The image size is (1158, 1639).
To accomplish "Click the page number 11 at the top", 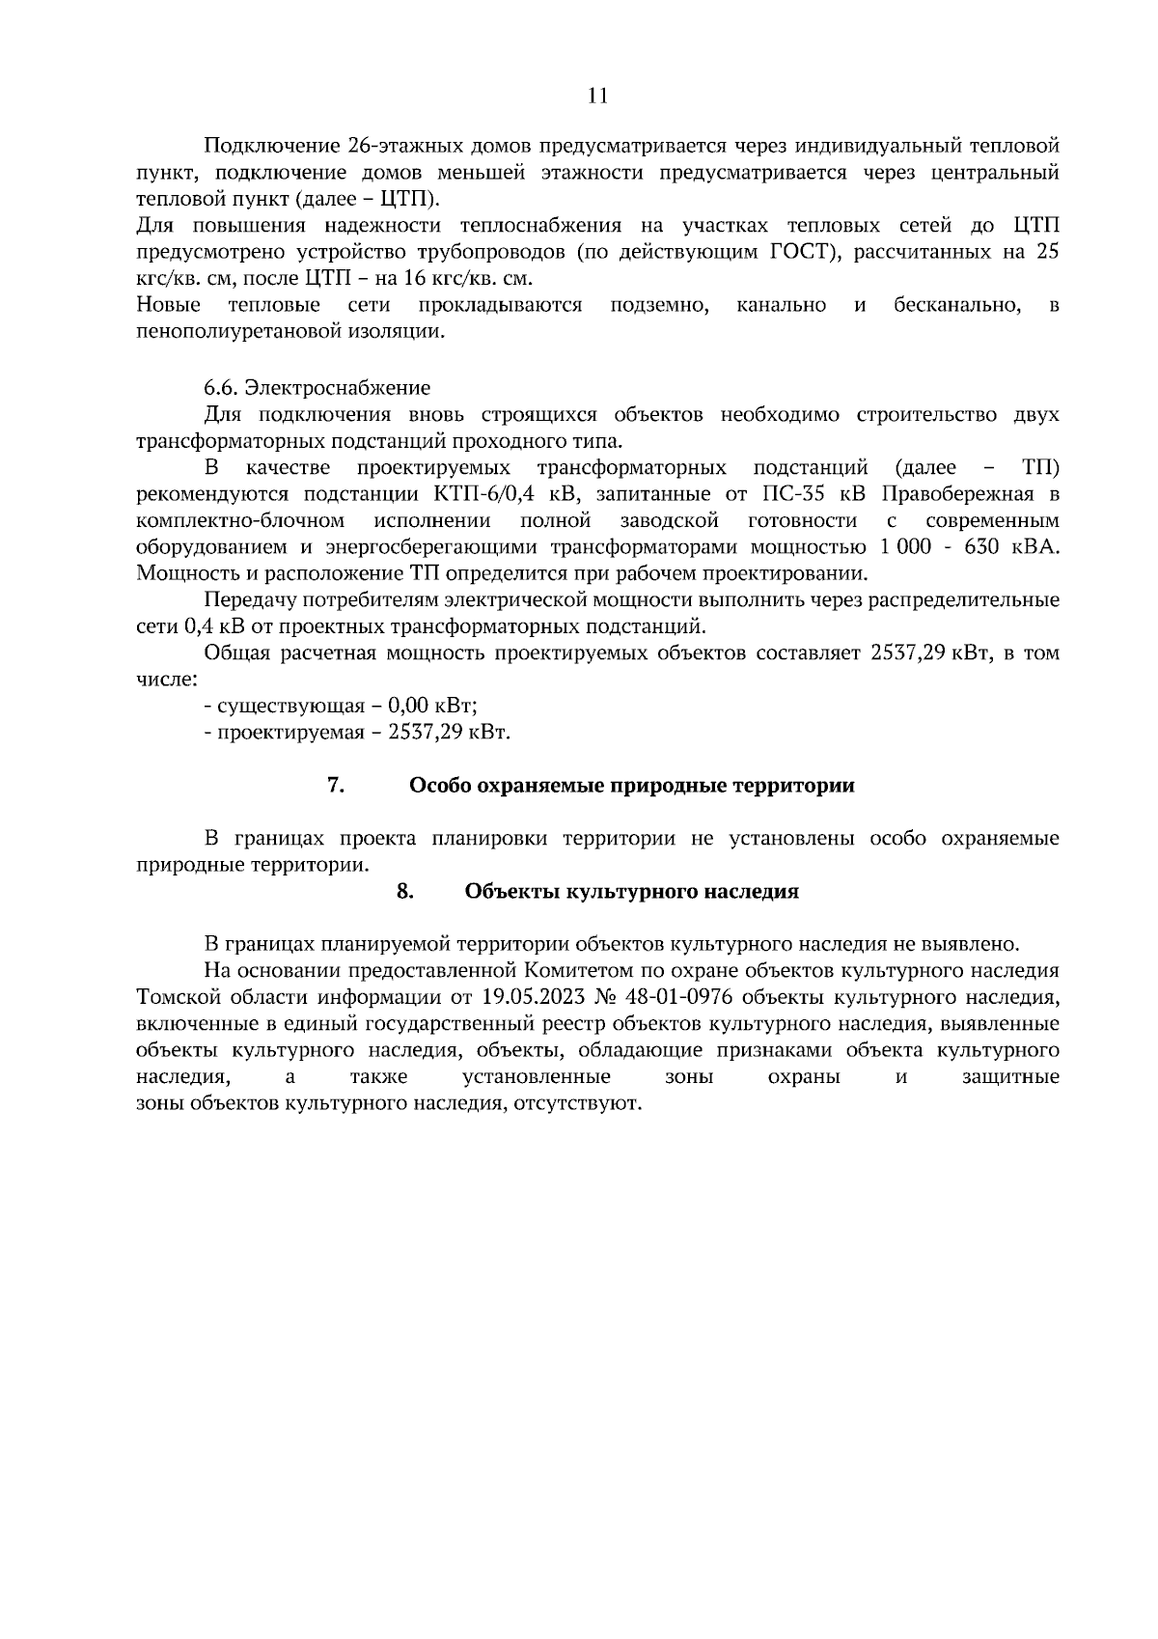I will tap(598, 95).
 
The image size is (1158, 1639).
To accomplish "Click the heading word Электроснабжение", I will tap(337, 388).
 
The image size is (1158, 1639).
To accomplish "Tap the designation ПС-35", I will tap(790, 494).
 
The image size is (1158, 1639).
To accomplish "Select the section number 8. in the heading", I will tap(405, 891).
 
